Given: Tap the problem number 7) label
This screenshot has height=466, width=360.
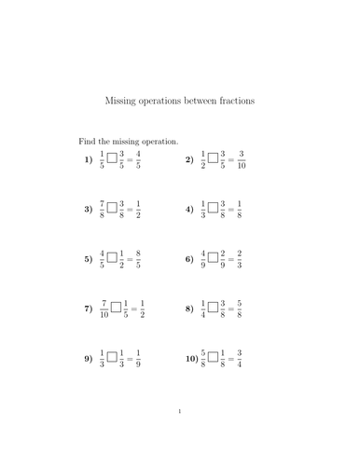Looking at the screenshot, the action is pyautogui.click(x=89, y=308).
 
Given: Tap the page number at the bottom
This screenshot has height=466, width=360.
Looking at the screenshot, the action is pyautogui.click(x=180, y=437).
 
